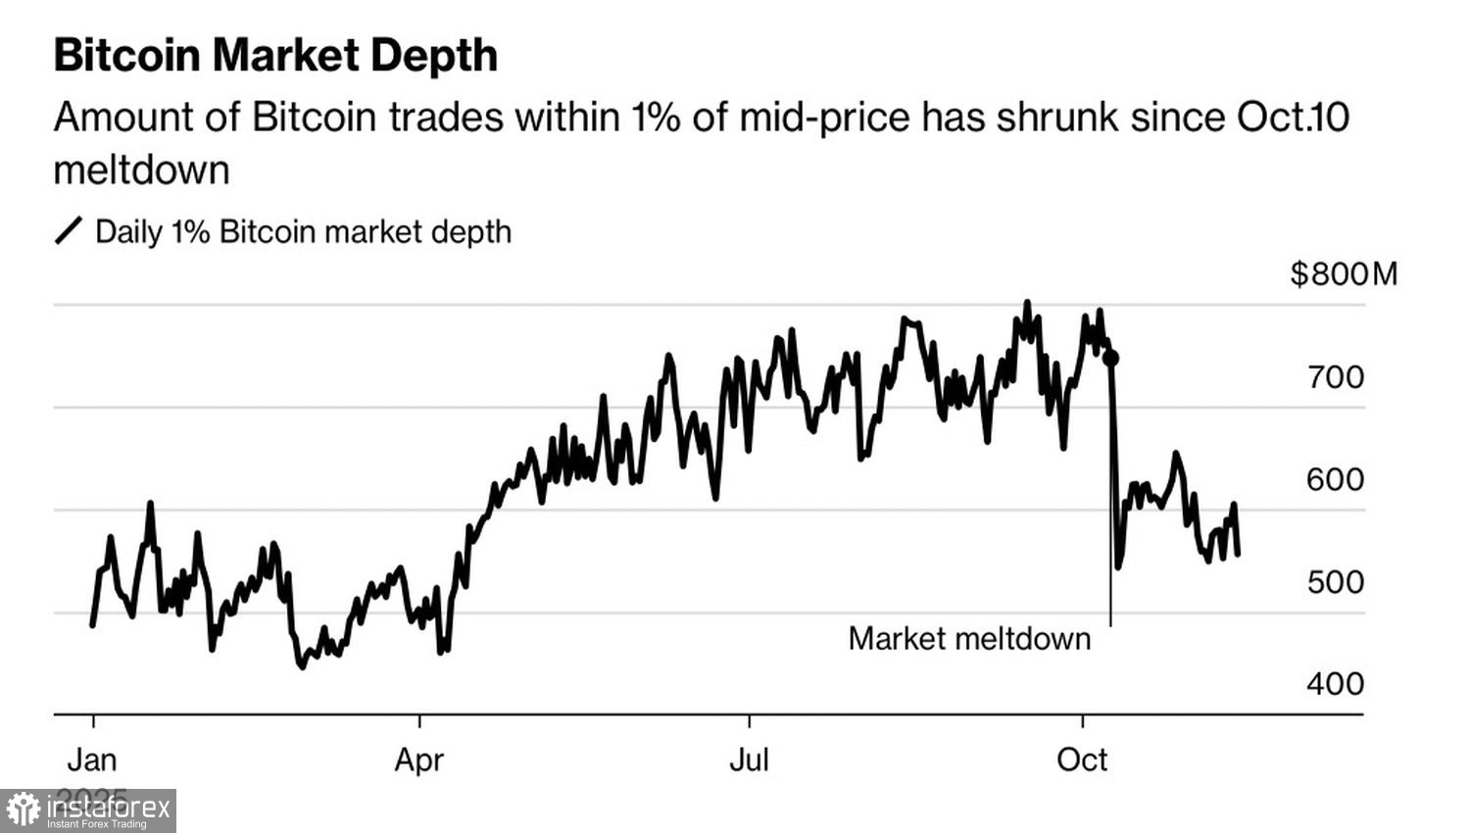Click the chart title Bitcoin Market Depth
[x=275, y=56]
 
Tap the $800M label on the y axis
[x=1344, y=273]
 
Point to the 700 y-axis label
[x=1335, y=376]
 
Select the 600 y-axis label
[x=1335, y=479]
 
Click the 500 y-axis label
[x=1335, y=582]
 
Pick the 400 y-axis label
[x=1335, y=684]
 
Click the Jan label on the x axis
[x=92, y=759]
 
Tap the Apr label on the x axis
[x=419, y=759]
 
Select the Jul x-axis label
[x=749, y=759]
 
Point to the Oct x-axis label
[x=1082, y=759]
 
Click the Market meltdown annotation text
[x=969, y=639]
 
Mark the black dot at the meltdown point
[x=1110, y=358]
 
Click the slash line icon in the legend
[x=68, y=231]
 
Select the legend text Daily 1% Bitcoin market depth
[x=303, y=232]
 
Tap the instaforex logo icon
[x=23, y=810]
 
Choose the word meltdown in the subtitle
[x=141, y=171]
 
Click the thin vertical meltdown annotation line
[x=1110, y=598]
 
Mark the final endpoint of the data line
[x=1239, y=555]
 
